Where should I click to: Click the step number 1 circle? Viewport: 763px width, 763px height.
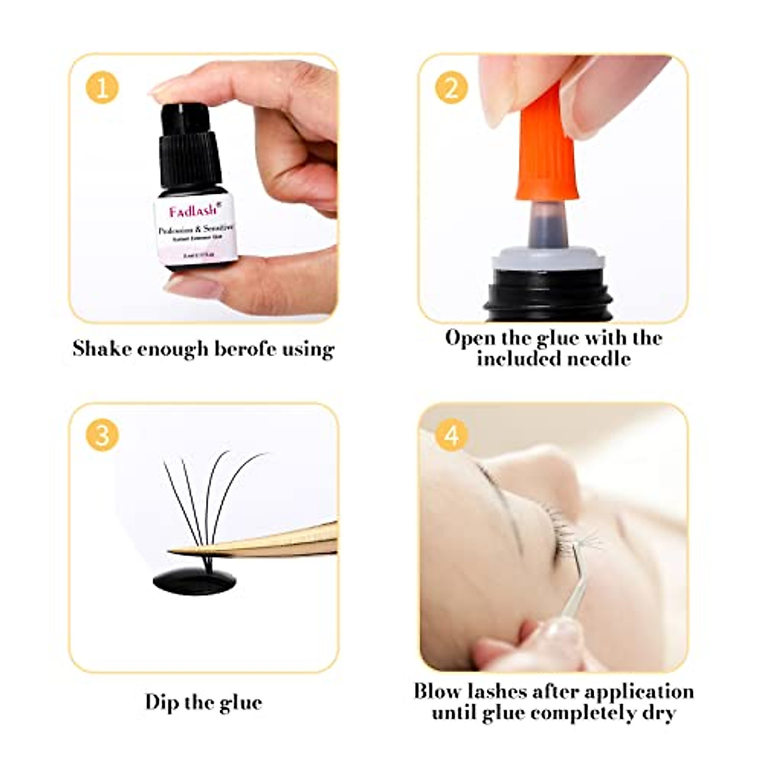[x=102, y=87]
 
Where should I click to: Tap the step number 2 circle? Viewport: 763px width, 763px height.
[x=451, y=87]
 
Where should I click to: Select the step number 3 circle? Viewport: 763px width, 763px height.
[x=102, y=436]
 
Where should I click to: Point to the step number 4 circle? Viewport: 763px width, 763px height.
[x=451, y=436]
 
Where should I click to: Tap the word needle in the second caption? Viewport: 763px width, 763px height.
[x=598, y=359]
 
